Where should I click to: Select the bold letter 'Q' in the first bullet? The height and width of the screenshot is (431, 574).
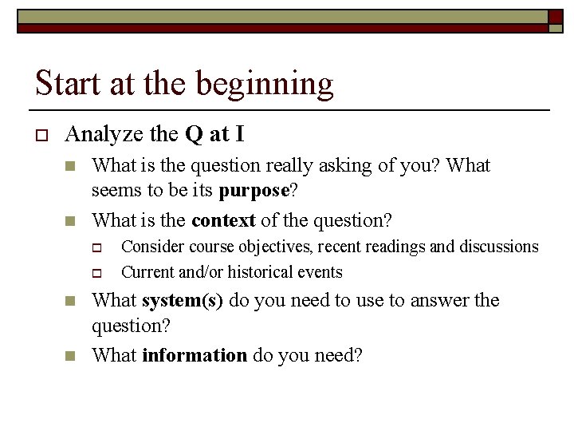point(194,135)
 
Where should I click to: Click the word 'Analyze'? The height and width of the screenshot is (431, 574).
point(103,135)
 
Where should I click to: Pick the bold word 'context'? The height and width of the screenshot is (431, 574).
point(223,220)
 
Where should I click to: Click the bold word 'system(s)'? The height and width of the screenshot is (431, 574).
point(182,301)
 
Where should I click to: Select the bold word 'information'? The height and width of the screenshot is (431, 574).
point(195,355)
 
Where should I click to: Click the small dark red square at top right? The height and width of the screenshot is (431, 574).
point(556,16)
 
